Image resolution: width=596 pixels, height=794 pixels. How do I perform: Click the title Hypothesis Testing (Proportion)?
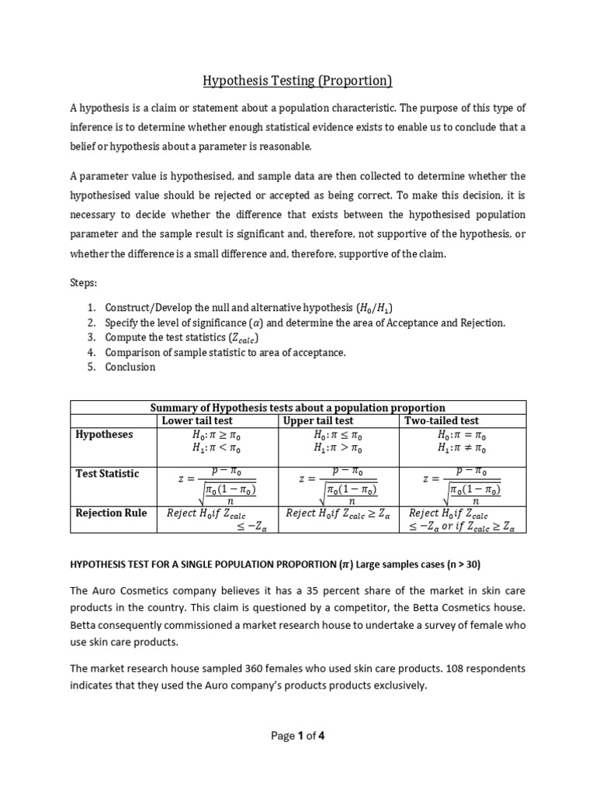[x=298, y=80]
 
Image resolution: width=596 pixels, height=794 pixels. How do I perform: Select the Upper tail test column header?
[x=319, y=420]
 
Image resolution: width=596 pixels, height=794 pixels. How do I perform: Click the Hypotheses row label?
[x=104, y=434]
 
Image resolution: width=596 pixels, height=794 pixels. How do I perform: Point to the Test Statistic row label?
[x=107, y=473]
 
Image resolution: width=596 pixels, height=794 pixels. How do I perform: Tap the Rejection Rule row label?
[x=111, y=513]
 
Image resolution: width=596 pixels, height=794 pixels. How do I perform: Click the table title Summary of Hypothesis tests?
[x=298, y=407]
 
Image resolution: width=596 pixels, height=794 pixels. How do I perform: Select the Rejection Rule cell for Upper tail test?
[x=338, y=513]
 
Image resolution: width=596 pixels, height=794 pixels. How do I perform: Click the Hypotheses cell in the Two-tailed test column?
[x=462, y=441]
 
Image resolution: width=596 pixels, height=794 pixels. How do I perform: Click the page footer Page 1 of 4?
[x=298, y=737]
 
